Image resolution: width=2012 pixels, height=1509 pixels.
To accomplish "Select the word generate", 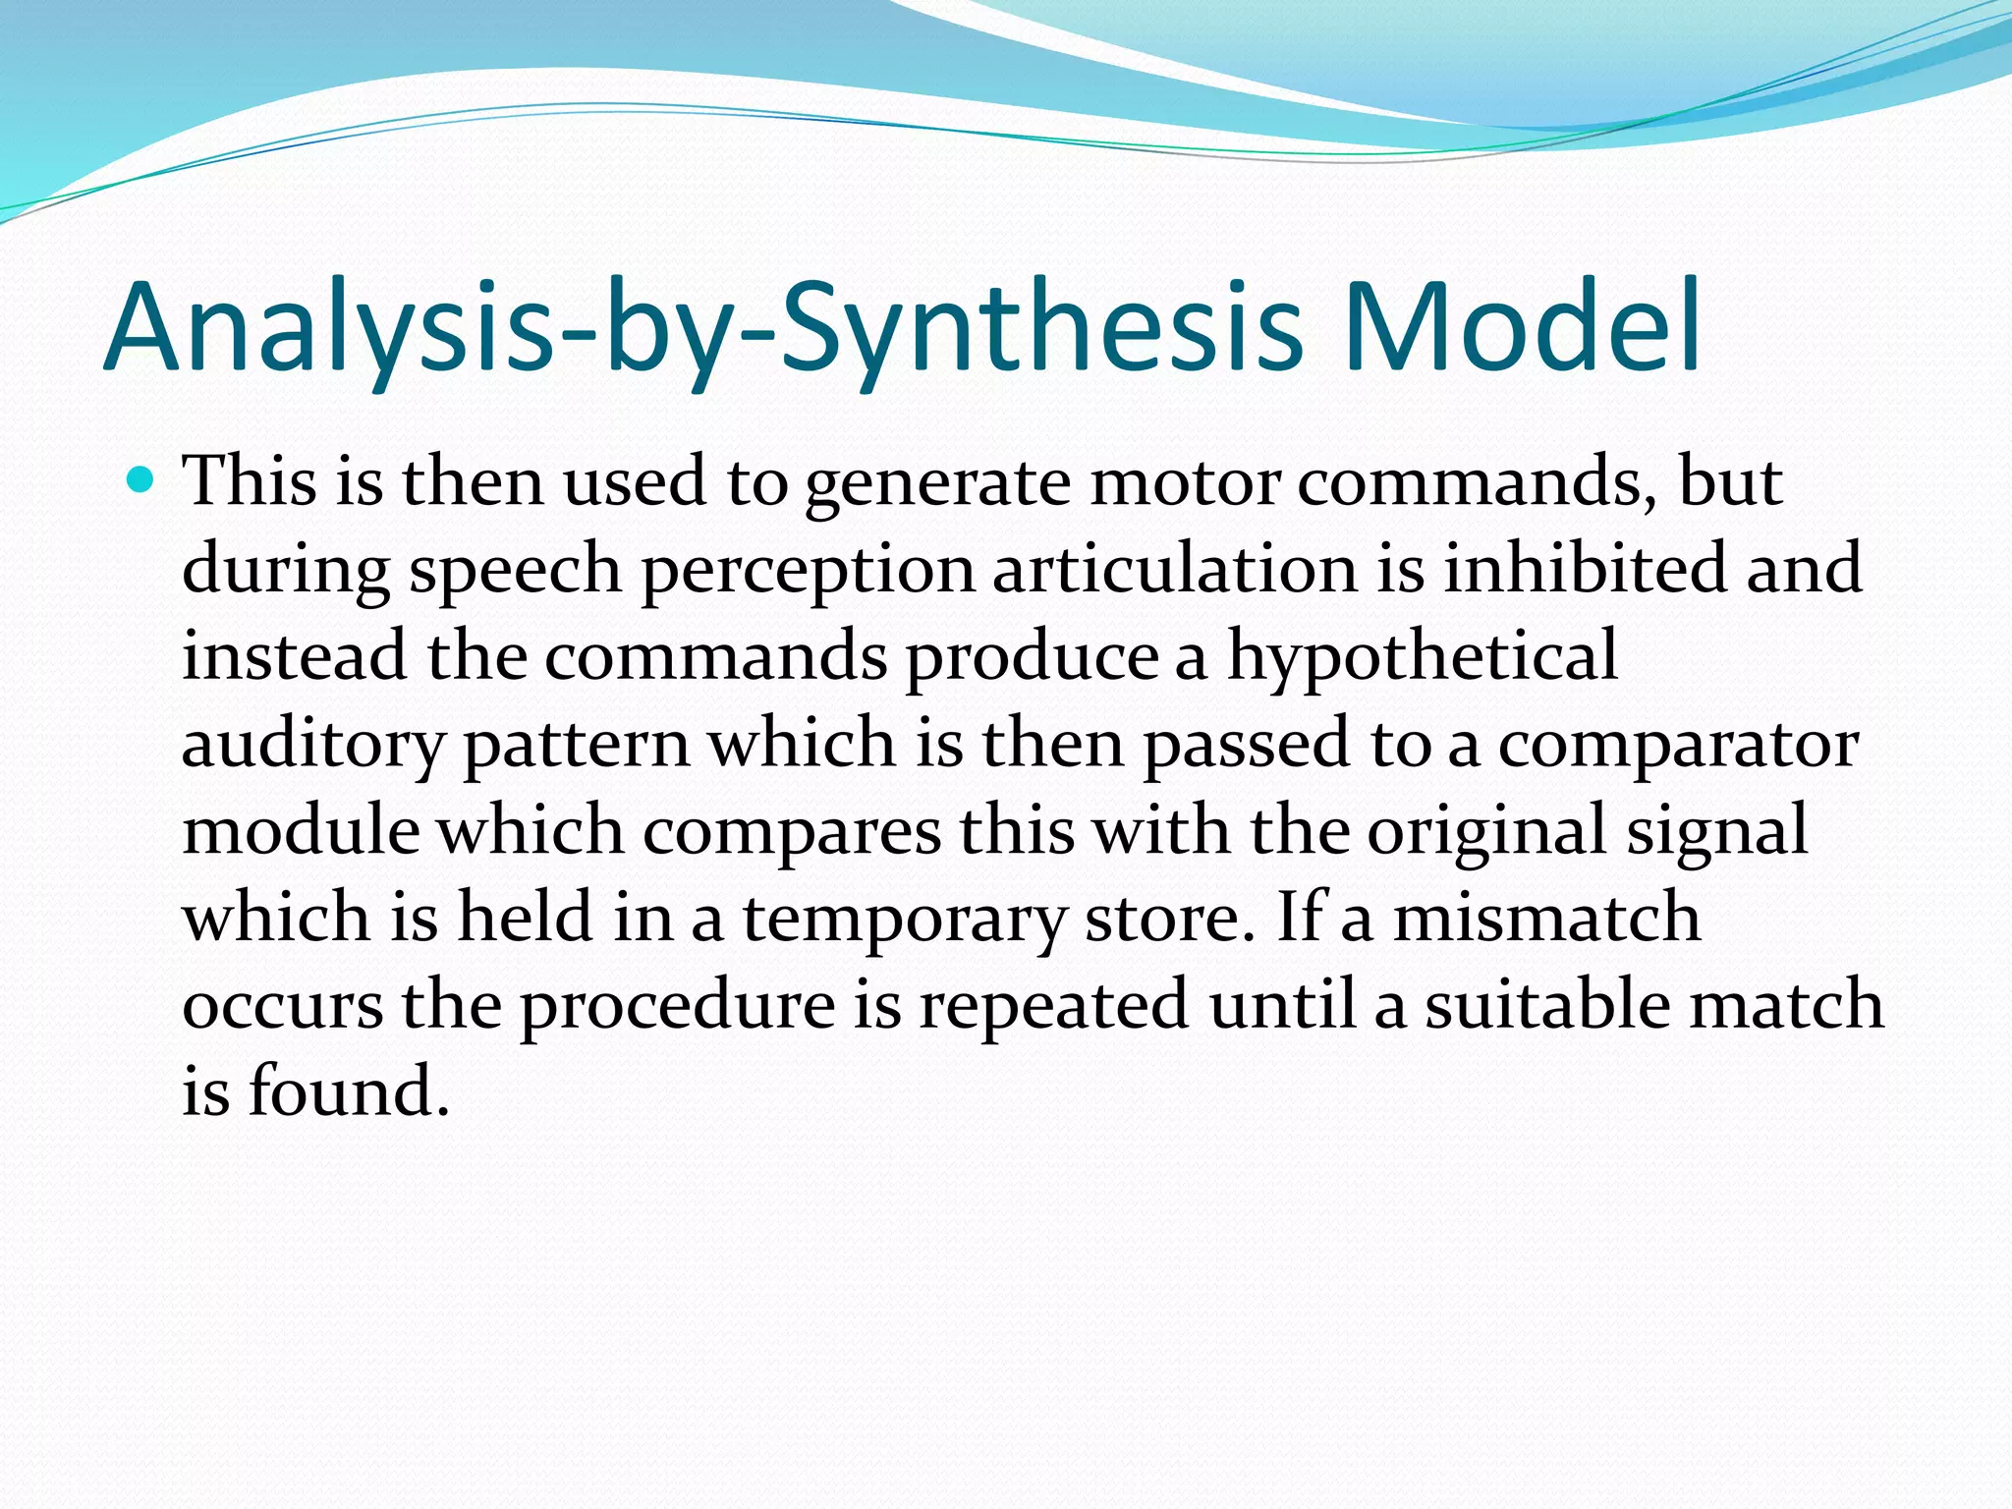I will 937,484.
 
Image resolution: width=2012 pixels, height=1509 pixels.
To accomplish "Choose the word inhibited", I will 1584,569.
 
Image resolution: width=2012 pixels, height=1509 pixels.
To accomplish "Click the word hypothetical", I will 1422,658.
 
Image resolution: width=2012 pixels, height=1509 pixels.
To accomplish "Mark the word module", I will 301,830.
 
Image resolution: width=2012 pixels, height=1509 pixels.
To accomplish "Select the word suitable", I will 1544,1005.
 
